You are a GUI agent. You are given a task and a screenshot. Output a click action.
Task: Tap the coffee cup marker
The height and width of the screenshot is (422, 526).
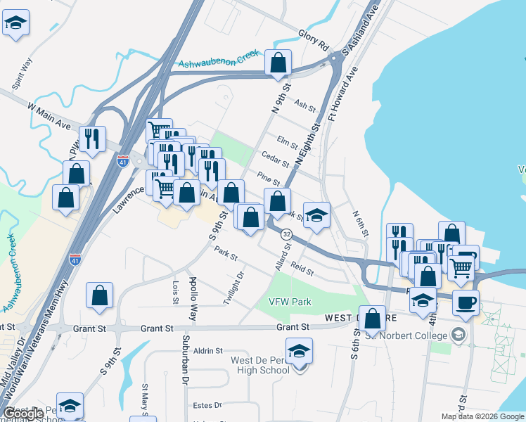466,303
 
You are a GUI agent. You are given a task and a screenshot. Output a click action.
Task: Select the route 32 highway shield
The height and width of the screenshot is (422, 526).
286,233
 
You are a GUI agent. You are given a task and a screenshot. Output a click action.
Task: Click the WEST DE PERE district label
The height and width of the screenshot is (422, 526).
342,318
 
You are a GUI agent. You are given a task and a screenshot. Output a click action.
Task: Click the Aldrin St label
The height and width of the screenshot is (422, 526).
208,350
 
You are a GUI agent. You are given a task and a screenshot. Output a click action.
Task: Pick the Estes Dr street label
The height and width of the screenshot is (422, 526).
207,405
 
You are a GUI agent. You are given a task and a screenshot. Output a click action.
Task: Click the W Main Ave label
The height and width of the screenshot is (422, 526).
50,115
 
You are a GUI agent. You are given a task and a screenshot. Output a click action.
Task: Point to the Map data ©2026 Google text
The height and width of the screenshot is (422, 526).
482,416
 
